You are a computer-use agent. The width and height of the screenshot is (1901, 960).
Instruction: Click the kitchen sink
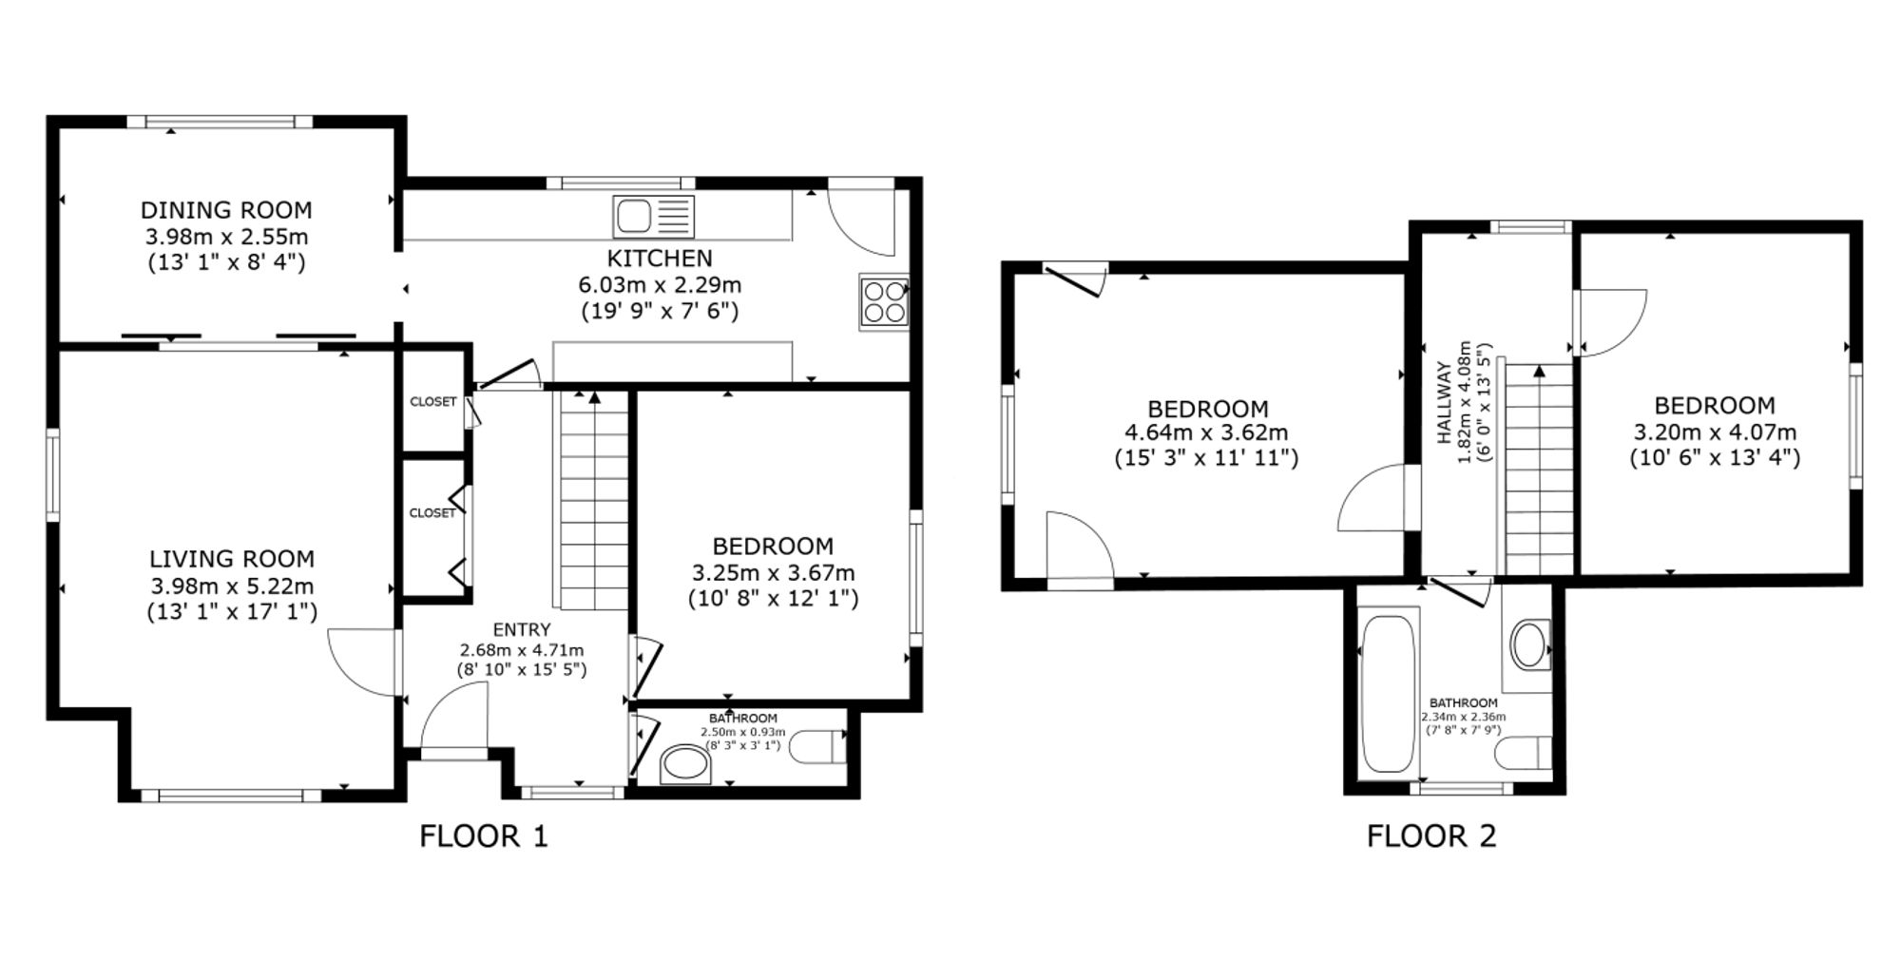click(x=654, y=217)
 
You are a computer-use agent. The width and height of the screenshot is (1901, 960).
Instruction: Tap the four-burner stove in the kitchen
click(x=884, y=302)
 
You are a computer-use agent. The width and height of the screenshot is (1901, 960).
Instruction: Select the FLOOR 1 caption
click(x=484, y=836)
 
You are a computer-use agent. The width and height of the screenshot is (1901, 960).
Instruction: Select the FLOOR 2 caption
click(x=1431, y=836)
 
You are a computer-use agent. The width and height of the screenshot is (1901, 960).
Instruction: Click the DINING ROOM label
click(x=226, y=210)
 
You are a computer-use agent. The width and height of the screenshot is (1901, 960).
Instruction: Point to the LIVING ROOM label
click(x=232, y=559)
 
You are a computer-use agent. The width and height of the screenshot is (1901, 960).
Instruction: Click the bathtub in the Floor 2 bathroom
click(x=1388, y=694)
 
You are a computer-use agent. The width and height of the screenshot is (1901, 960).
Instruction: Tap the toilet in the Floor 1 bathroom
click(x=818, y=748)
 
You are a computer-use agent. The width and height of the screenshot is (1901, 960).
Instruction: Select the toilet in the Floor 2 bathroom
click(x=1523, y=755)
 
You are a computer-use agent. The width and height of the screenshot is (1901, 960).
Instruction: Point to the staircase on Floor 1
click(x=593, y=500)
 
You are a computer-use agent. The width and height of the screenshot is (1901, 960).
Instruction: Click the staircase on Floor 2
click(x=1536, y=470)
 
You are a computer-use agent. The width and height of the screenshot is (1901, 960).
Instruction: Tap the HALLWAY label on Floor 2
click(x=1444, y=403)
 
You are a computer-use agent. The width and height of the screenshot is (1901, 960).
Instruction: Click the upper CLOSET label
click(x=432, y=402)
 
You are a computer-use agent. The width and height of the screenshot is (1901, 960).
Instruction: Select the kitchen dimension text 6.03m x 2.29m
click(x=660, y=284)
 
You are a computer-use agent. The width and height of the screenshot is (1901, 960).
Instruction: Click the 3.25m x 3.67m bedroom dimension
click(x=773, y=573)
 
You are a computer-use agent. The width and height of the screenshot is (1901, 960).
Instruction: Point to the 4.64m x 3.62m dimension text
click(x=1206, y=432)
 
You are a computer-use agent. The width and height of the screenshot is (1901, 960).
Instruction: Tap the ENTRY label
click(x=522, y=629)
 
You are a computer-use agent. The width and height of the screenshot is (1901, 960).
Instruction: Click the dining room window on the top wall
click(x=220, y=122)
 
